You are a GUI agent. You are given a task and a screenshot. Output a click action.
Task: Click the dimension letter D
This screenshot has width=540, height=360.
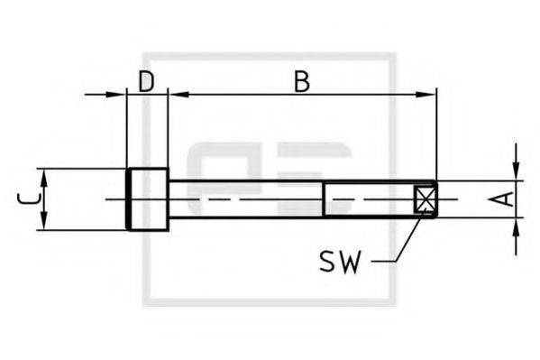146,81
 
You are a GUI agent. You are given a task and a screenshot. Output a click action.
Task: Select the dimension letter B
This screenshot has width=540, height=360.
301,81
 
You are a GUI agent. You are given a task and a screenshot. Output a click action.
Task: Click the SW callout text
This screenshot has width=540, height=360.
341,262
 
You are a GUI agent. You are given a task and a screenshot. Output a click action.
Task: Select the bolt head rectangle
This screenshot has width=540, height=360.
147,198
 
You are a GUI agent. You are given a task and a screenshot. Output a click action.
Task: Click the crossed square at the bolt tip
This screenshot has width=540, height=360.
425,198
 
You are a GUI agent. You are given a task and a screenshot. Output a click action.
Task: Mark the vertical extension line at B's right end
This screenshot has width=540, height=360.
436,135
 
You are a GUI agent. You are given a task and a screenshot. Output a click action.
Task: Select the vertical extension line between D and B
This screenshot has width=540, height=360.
169,126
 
